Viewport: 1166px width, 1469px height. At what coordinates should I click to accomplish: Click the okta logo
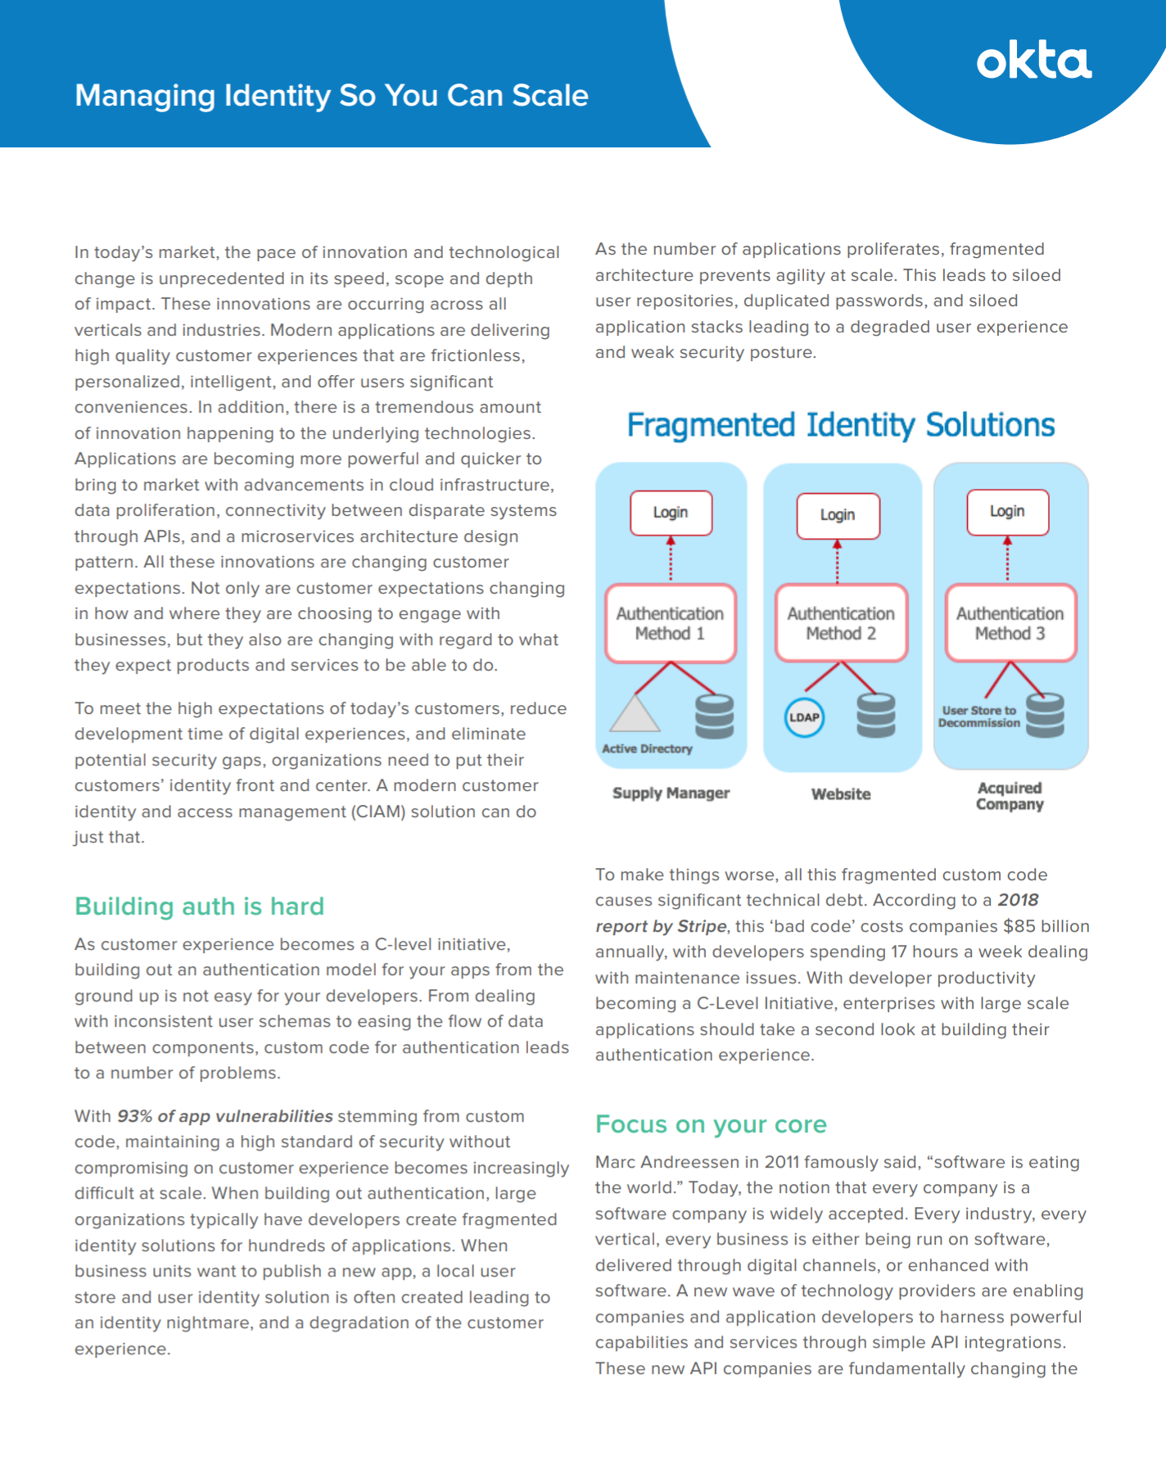1033,62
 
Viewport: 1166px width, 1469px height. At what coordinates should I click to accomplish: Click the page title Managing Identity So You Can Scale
332,96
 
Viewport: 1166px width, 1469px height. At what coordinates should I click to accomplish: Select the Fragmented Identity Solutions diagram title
840,425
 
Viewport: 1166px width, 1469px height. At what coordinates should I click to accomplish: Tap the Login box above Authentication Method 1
671,513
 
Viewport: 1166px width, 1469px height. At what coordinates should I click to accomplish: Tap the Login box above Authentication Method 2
838,515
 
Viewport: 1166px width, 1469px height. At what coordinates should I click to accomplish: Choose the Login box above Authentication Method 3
1007,512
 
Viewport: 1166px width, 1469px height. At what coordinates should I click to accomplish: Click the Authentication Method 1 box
670,623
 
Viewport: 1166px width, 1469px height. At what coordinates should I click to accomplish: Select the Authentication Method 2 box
841,623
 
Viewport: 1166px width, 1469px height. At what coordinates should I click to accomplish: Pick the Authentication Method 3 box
1010,623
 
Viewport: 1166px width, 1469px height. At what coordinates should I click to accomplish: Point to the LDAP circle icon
804,717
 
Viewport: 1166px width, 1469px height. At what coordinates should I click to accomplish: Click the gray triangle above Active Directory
635,714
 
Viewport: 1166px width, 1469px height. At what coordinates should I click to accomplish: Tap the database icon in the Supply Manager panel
714,716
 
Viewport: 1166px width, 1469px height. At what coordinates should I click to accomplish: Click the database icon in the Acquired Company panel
1045,715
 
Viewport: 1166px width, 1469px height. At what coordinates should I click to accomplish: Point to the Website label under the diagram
841,794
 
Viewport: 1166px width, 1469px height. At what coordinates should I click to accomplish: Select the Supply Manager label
671,793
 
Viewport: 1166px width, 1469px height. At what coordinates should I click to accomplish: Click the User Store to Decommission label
978,716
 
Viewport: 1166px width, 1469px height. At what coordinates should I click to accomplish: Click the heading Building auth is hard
199,906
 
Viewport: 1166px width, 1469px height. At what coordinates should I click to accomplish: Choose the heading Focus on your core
711,1124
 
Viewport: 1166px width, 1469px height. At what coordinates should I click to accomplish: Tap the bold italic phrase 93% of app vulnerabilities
225,1116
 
